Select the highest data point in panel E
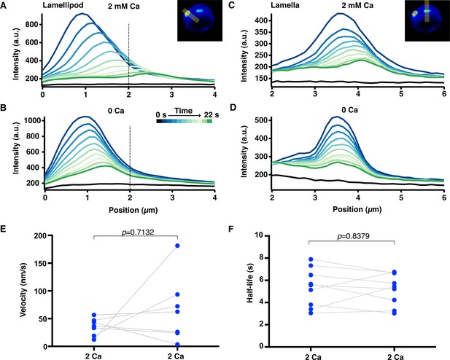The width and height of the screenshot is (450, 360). [177, 246]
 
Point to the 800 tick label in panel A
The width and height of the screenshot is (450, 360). [31, 24]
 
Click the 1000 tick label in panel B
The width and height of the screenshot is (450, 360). [32, 120]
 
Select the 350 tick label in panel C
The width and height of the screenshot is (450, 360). [262, 32]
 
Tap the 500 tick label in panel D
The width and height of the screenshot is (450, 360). [262, 120]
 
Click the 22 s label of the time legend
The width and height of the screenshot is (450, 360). [212, 114]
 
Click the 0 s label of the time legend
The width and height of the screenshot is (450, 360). [161, 114]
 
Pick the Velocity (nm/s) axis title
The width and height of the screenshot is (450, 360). [23, 289]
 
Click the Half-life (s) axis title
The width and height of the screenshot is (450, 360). [251, 283]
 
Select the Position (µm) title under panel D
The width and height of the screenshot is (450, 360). [357, 210]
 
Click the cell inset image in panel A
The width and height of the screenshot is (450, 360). [200, 20]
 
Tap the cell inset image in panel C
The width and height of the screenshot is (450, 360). [427, 20]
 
